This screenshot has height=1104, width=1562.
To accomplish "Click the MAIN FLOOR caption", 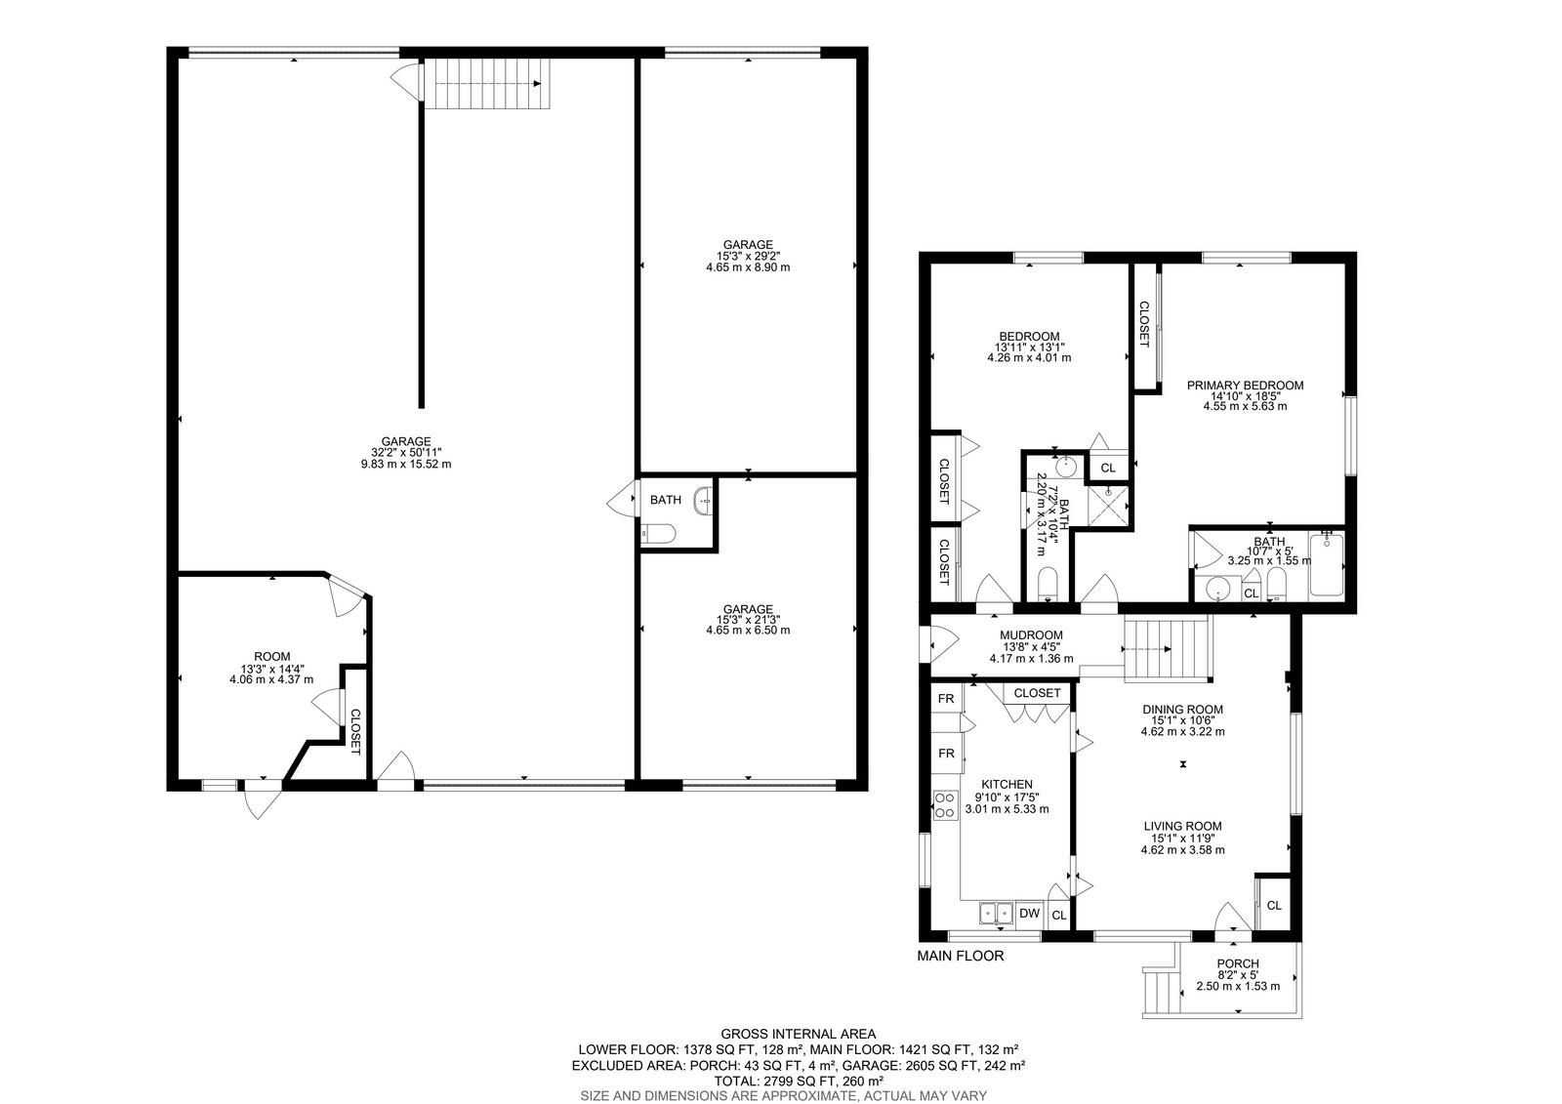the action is coord(961,957).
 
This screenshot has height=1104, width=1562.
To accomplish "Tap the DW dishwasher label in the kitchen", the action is coord(1029,913).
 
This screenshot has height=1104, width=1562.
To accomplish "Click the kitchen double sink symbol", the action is coord(996,913).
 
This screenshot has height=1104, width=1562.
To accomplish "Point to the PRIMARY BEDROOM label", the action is coord(1245,385).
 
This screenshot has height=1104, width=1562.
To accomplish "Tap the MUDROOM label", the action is coord(1031,635).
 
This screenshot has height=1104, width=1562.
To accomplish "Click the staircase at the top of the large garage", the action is coord(487,84).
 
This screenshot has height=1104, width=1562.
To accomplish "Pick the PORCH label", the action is coord(1238,963).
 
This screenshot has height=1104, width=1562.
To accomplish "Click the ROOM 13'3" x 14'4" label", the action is coord(272,657).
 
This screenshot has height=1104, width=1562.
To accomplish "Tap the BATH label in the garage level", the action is coord(665,500).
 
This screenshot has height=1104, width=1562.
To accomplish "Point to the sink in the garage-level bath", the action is coord(703,500).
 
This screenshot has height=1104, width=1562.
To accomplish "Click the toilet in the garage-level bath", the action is coord(658,534).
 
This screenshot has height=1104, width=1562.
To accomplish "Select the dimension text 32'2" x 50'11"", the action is coord(406,453).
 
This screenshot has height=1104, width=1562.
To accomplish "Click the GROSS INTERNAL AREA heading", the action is coord(798,1035).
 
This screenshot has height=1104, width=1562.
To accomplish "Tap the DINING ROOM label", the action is coord(1182,710).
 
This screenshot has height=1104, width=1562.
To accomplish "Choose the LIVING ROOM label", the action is coord(1182,827).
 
